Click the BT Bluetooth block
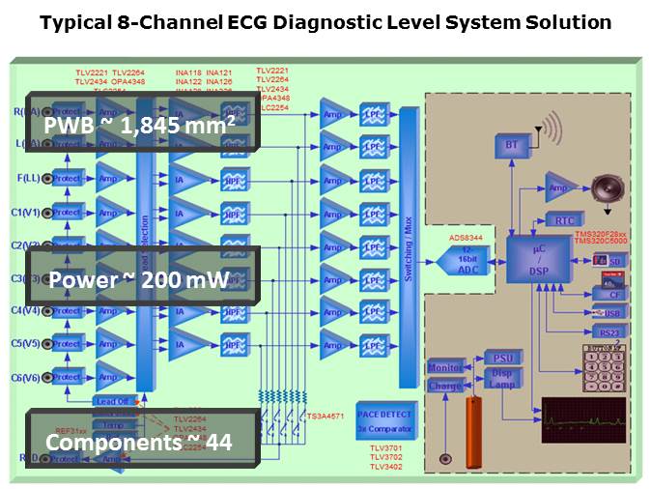(x=511, y=144)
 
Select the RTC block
(x=563, y=220)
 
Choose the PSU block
(x=500, y=359)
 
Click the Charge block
(x=445, y=386)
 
